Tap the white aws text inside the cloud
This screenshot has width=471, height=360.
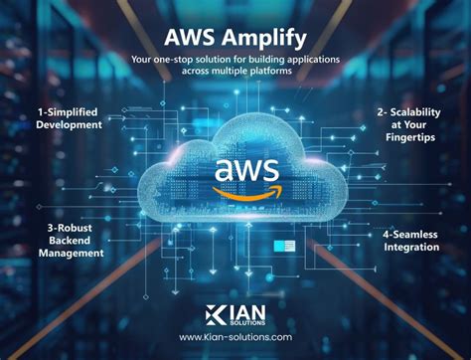[235, 168]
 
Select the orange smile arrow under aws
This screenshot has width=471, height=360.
[236, 189]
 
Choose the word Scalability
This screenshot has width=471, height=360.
[414, 111]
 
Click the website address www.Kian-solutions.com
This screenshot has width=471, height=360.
[235, 337]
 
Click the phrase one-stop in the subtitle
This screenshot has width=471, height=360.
[189, 61]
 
